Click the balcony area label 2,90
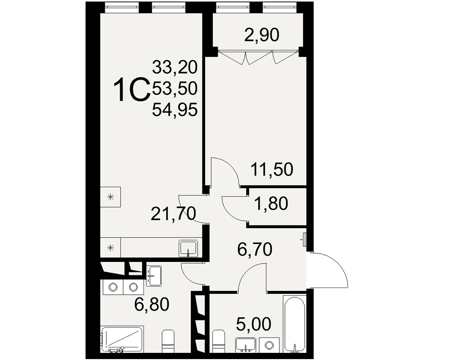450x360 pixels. (261, 36)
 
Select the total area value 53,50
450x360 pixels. (175, 88)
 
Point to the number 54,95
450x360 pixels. (175, 110)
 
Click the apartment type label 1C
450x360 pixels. (132, 90)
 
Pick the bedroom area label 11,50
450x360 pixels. (272, 169)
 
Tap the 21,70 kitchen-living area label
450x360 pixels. (173, 214)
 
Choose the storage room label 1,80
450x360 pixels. (271, 204)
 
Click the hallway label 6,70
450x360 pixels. (255, 249)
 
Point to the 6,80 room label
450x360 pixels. (152, 305)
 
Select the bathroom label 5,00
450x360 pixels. (253, 325)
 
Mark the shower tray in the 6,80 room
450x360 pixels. (122, 339)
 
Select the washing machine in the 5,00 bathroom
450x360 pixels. (269, 345)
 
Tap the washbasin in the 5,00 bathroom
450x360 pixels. (245, 345)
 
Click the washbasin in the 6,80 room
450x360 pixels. (154, 275)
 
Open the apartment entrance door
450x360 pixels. (330, 270)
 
